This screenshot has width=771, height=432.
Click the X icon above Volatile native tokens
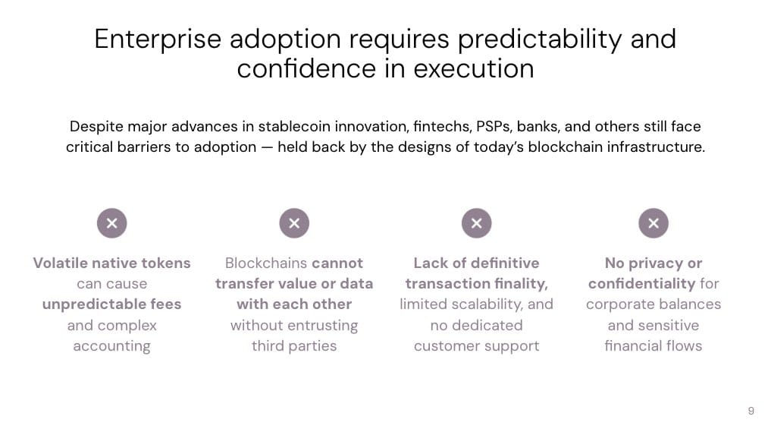[x=111, y=223]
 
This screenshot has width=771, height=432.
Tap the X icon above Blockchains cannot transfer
[x=294, y=223]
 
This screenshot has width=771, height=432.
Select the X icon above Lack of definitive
[x=476, y=223]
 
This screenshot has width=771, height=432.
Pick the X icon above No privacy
[x=653, y=223]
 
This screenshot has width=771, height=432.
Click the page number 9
[x=751, y=411]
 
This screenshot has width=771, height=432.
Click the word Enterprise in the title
[x=158, y=39]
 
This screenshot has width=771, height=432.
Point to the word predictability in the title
[x=540, y=40]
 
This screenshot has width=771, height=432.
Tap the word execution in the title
[x=474, y=68]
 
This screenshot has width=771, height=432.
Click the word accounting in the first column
[x=111, y=346]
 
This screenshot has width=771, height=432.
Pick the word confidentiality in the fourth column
[x=641, y=284]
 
